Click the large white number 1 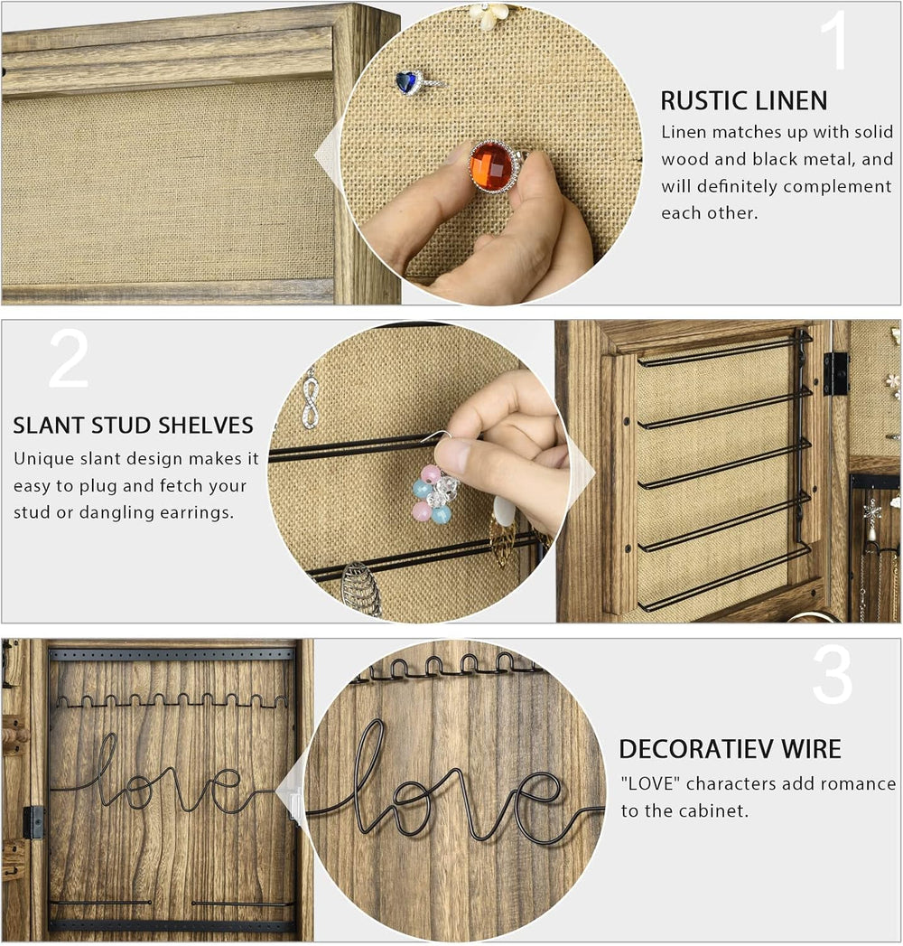835,41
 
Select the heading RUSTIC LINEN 744,101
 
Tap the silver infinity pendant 310,398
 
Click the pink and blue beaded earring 434,492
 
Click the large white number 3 833,675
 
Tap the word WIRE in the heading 811,749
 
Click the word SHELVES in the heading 203,426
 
